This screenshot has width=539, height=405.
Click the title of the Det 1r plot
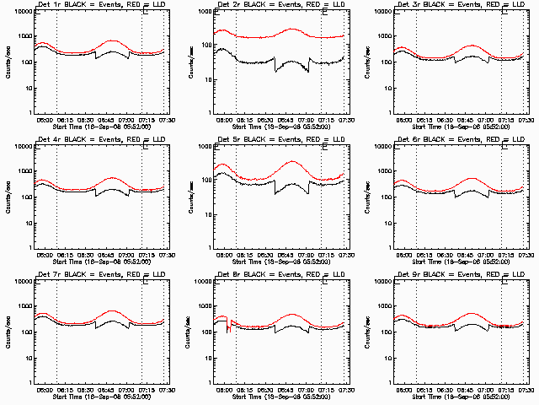102,6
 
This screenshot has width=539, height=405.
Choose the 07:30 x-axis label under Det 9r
526,390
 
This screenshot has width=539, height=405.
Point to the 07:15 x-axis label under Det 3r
504,120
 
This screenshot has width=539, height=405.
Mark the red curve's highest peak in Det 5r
292,161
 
